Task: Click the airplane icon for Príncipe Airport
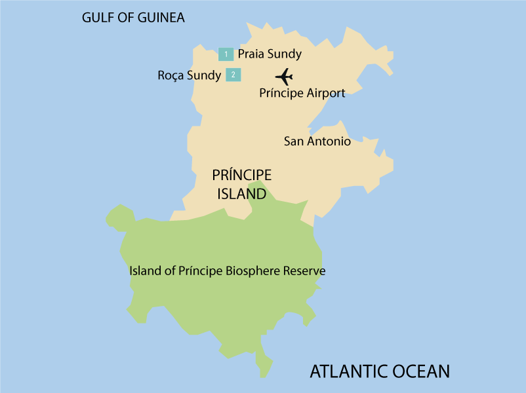coord(284,77)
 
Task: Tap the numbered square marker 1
coord(226,54)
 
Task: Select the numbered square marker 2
coord(233,75)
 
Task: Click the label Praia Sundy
coord(270,54)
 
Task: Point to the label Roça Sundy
coord(189,75)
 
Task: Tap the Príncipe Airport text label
coord(302,93)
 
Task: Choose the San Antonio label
coord(317,141)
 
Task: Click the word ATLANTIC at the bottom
coord(351,371)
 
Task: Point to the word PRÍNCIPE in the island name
coord(241,176)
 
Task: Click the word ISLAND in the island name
coord(241,194)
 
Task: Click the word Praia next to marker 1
coord(251,54)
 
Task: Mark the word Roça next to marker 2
coord(171,75)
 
